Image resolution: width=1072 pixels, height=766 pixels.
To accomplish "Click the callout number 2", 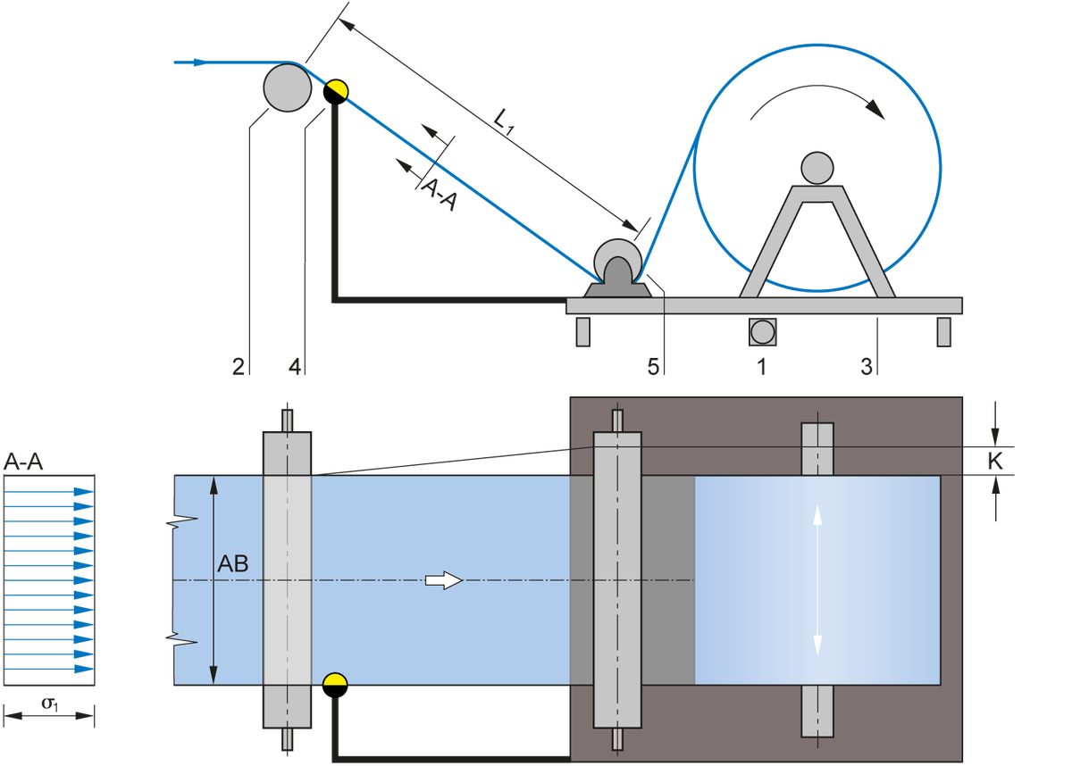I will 238,366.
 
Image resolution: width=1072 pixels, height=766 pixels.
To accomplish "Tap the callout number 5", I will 653,366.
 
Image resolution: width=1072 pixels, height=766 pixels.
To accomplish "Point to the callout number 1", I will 760,366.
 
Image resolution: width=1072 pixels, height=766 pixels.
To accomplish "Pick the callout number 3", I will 867,366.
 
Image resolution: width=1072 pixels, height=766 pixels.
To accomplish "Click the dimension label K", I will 997,461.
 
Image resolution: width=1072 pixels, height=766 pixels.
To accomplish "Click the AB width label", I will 233,564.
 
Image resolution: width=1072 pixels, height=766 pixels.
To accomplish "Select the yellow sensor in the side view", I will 336,87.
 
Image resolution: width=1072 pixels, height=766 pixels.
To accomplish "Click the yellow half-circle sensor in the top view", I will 335,680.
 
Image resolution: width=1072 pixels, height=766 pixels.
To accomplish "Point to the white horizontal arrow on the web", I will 443,581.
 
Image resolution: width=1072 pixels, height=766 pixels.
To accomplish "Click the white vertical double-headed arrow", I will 817,580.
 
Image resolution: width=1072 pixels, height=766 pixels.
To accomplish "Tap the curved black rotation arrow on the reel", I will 817,97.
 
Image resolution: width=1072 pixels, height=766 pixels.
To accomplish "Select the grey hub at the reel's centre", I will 816,167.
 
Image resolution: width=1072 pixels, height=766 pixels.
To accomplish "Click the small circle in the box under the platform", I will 762,331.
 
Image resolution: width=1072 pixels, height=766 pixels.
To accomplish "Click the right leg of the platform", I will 942,330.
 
